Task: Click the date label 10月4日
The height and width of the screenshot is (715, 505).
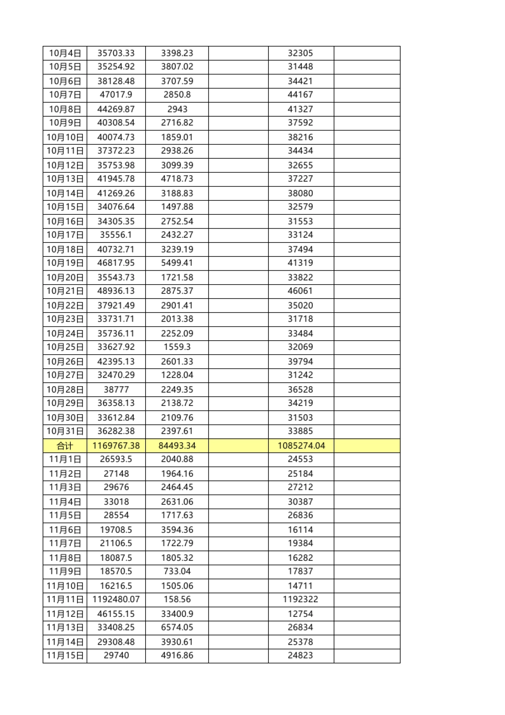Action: click(x=65, y=53)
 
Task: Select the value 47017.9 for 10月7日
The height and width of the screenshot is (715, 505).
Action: click(x=116, y=95)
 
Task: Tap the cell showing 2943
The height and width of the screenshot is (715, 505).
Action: click(x=177, y=109)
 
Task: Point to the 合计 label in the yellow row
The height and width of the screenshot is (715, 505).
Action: click(x=65, y=446)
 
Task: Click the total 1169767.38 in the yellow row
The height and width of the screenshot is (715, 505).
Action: click(x=116, y=446)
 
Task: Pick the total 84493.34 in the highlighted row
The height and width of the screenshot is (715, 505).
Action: click(x=177, y=446)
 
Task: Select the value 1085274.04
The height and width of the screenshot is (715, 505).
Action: click(x=301, y=446)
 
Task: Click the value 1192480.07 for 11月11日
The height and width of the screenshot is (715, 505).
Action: click(x=116, y=599)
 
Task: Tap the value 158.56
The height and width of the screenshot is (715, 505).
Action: click(x=177, y=599)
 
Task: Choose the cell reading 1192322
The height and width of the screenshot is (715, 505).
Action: click(x=300, y=599)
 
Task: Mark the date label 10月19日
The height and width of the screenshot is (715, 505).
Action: click(x=65, y=263)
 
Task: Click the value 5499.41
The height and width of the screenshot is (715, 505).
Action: click(x=177, y=263)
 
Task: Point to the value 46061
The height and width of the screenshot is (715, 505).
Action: click(x=300, y=291)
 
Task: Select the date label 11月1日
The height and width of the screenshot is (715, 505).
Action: click(x=65, y=459)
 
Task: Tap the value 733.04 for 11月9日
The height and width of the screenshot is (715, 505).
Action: click(x=177, y=571)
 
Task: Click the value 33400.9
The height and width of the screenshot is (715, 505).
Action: click(x=177, y=614)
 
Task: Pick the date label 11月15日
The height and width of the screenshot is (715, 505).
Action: click(x=65, y=656)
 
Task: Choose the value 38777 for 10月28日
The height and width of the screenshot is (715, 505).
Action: click(x=116, y=390)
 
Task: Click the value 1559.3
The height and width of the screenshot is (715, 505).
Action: click(x=177, y=347)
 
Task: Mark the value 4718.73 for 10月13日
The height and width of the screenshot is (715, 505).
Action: click(x=177, y=179)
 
